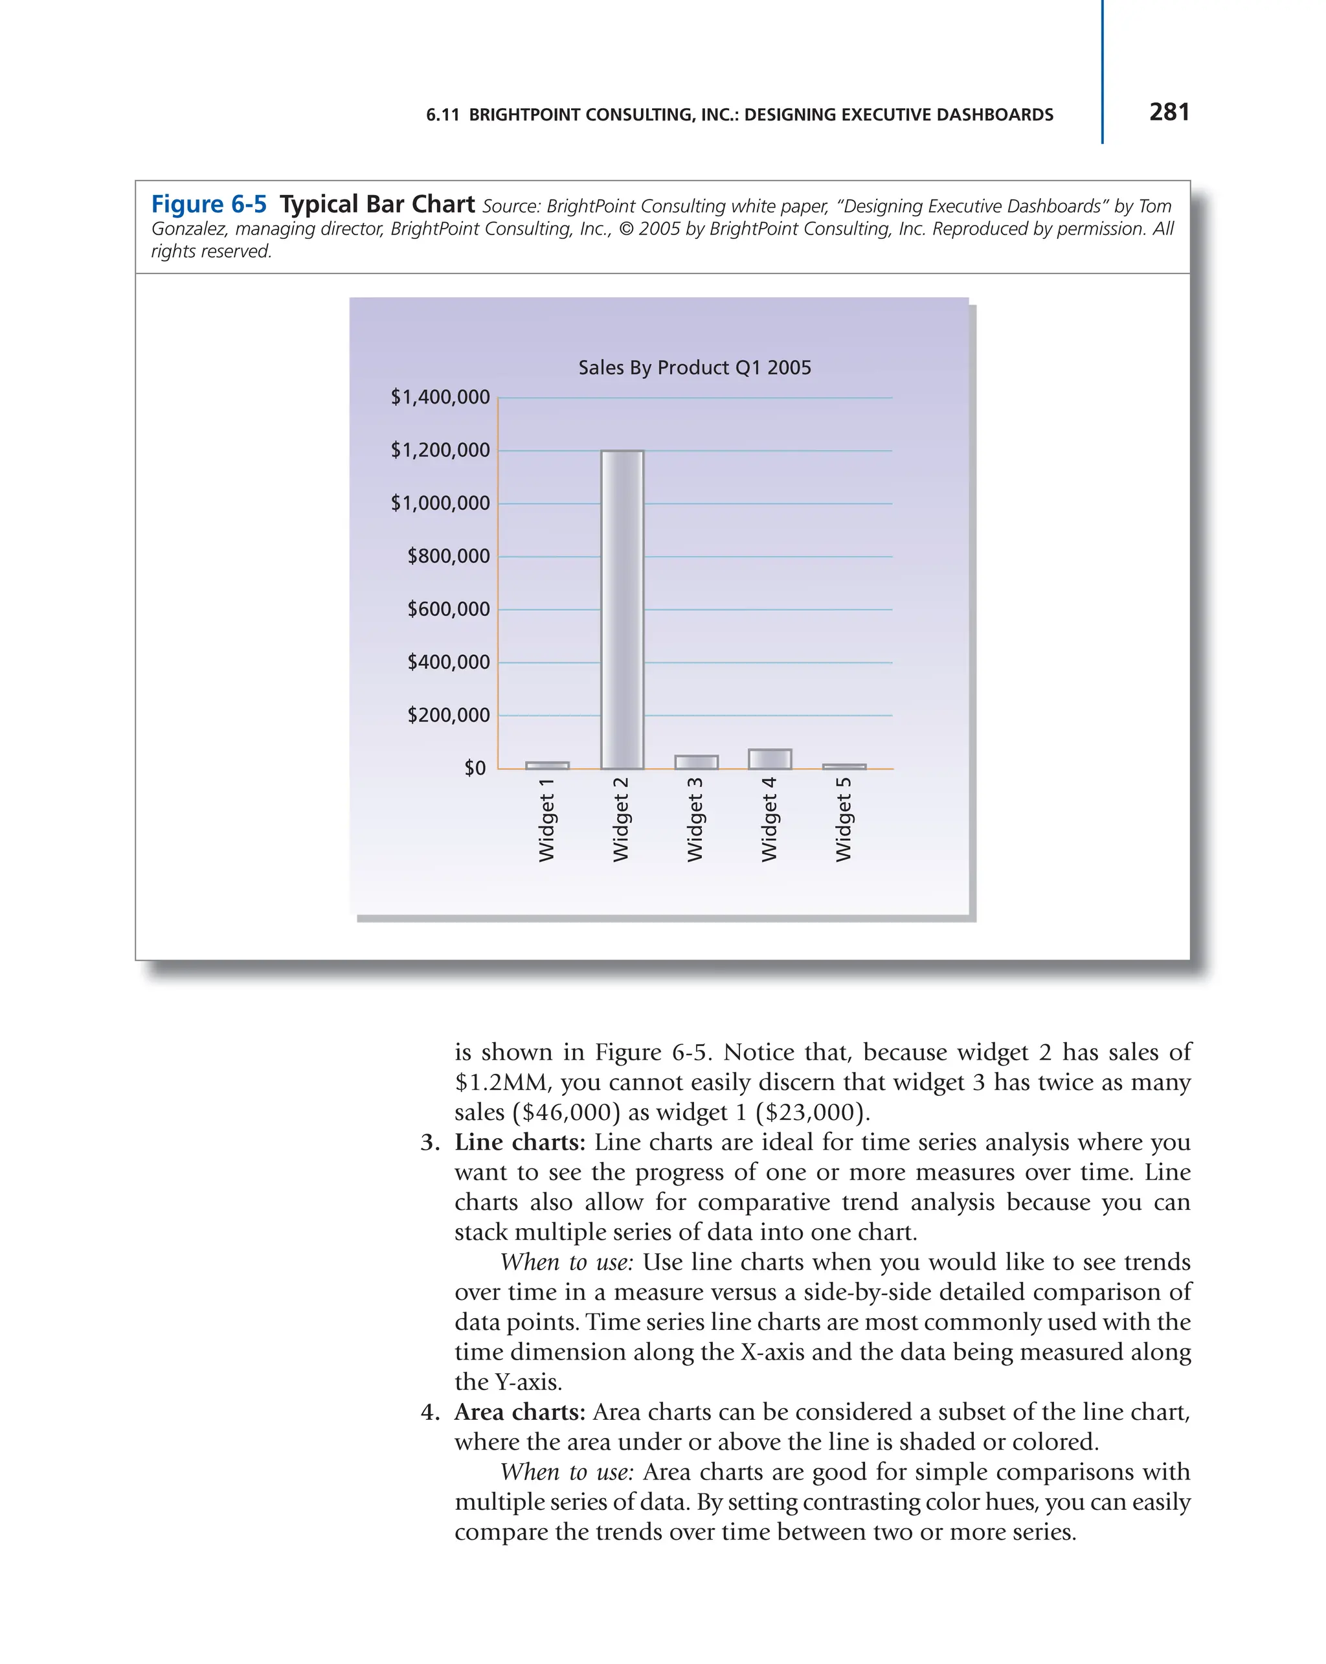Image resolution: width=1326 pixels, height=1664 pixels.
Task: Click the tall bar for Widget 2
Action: tap(622, 610)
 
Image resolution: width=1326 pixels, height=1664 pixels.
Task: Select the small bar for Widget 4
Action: tap(769, 758)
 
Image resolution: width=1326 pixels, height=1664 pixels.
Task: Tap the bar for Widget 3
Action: tap(696, 762)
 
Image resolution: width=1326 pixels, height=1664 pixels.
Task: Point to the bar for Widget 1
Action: tap(547, 766)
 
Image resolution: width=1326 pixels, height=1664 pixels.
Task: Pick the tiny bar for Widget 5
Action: tap(844, 766)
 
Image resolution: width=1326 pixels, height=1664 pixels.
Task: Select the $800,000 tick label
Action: tap(448, 556)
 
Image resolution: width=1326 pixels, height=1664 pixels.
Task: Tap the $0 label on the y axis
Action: tap(475, 768)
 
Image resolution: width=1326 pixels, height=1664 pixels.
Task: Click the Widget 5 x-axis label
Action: tap(844, 819)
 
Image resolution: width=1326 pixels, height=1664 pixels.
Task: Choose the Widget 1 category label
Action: tap(547, 819)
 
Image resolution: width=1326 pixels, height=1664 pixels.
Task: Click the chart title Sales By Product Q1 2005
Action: tap(694, 367)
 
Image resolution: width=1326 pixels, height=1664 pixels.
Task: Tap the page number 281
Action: tap(1169, 113)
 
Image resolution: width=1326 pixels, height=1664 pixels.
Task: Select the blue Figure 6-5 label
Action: tap(209, 205)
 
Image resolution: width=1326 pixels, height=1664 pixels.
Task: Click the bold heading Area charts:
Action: tap(520, 1411)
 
